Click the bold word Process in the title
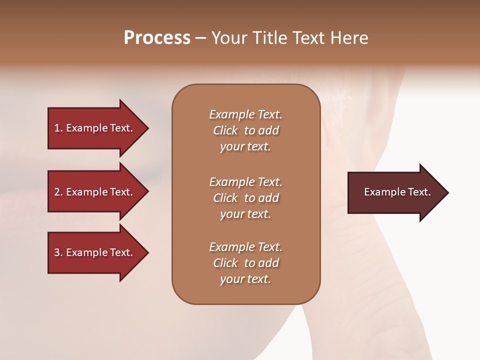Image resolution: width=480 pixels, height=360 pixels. pyautogui.click(x=157, y=38)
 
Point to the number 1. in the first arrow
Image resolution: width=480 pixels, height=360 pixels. pyautogui.click(x=58, y=128)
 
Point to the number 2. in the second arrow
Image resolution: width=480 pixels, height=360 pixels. pyautogui.click(x=58, y=192)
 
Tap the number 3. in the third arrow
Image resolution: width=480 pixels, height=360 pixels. pyautogui.click(x=58, y=252)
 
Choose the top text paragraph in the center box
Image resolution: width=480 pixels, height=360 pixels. pyautogui.click(x=245, y=130)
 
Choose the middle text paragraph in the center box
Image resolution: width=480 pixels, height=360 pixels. pyautogui.click(x=245, y=197)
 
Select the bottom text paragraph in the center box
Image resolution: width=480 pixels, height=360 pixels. pyautogui.click(x=245, y=263)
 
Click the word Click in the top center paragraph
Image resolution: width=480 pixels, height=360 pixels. pyautogui.click(x=225, y=130)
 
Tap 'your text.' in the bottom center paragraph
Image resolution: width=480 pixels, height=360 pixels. pyautogui.click(x=245, y=279)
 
